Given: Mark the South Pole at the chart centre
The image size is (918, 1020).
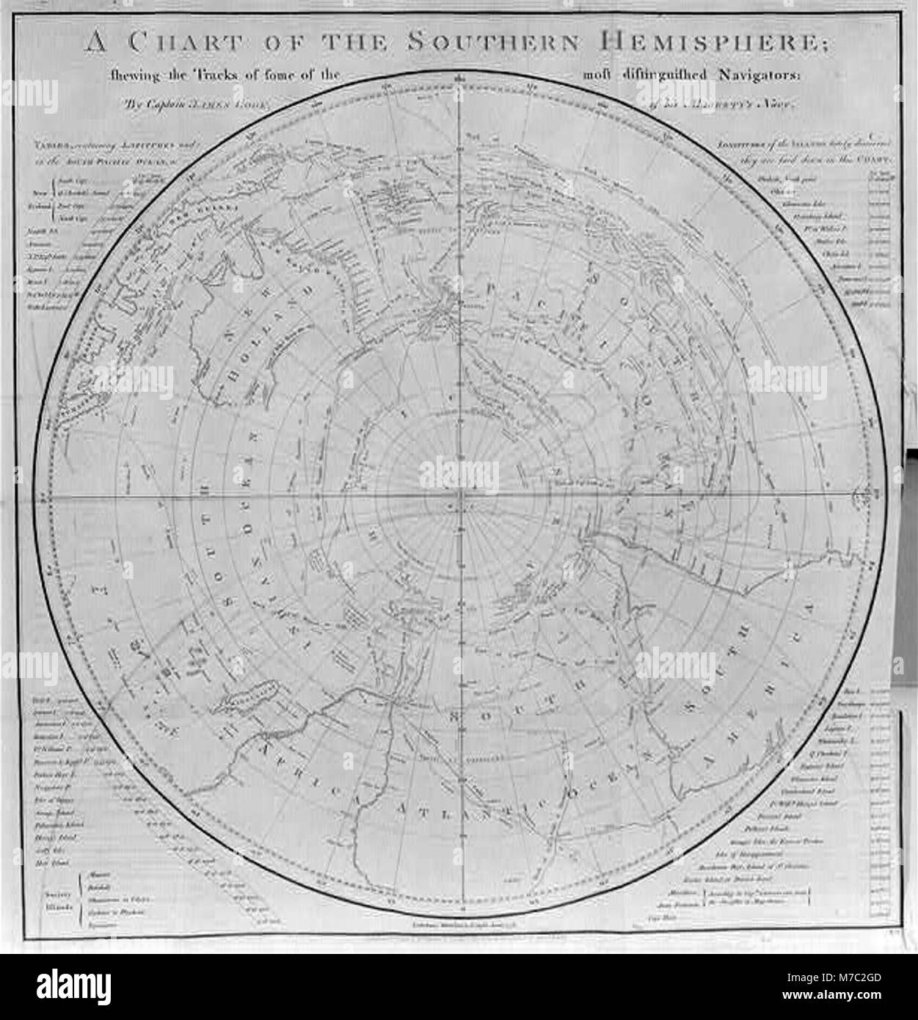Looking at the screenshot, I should coord(460,497).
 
